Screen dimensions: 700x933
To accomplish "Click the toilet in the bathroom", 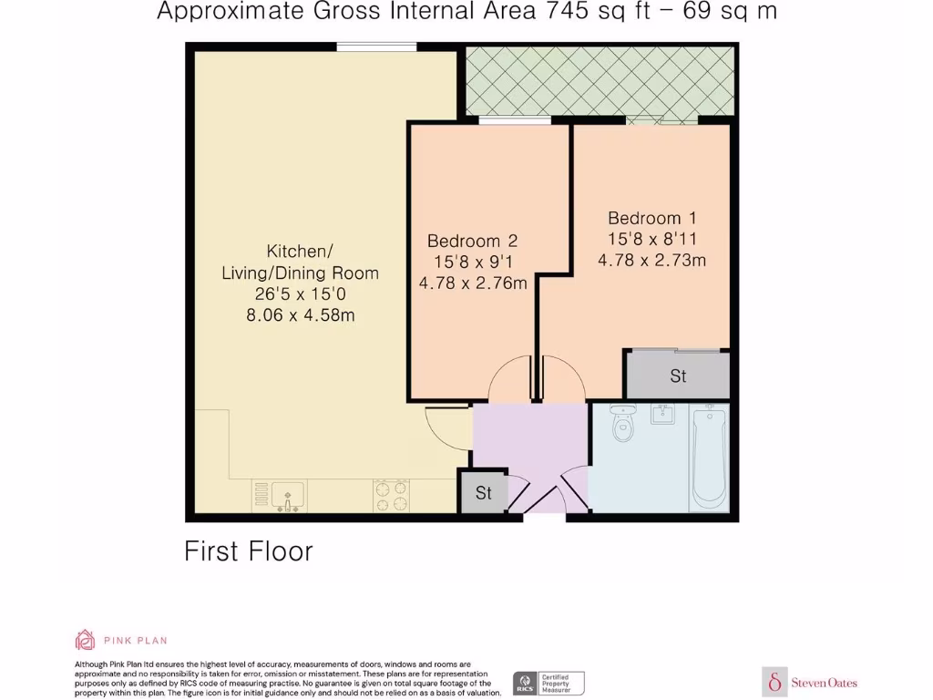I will pyautogui.click(x=623, y=425).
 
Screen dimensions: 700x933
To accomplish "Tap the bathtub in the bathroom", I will pyautogui.click(x=710, y=458).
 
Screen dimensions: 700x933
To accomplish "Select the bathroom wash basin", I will pyautogui.click(x=662, y=416).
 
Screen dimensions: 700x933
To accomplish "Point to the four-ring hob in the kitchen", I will pyautogui.click(x=391, y=496).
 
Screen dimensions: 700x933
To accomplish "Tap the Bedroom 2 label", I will pyautogui.click(x=472, y=242).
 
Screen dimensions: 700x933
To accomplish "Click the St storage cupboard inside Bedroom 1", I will pyautogui.click(x=677, y=376).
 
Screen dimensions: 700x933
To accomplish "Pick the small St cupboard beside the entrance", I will pyautogui.click(x=483, y=493).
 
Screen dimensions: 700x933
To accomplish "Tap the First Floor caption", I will pyautogui.click(x=249, y=551).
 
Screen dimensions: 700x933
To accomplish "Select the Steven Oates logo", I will pyautogui.click(x=810, y=682).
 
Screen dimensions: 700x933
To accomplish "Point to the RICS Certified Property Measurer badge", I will pyautogui.click(x=549, y=683).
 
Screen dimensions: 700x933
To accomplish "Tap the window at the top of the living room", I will pyautogui.click(x=376, y=46).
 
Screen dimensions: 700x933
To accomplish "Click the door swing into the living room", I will pyautogui.click(x=446, y=426).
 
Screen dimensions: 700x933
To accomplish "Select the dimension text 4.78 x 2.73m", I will pyautogui.click(x=651, y=260).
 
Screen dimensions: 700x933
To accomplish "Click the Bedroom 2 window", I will pyautogui.click(x=515, y=120).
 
